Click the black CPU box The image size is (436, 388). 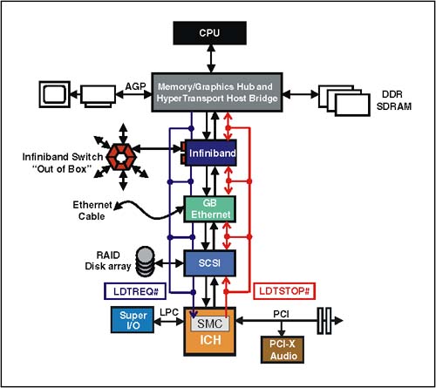(210, 33)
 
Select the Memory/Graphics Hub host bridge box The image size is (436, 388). (217, 92)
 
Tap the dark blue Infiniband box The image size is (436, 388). (211, 153)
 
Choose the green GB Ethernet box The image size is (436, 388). (210, 209)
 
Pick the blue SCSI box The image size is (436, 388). (209, 263)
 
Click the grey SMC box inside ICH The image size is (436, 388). (210, 323)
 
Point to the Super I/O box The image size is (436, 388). (133, 320)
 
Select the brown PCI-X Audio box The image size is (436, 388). (283, 350)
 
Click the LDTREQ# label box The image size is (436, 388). (135, 291)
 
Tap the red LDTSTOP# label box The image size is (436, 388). (284, 291)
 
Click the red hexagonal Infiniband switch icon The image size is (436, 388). (121, 157)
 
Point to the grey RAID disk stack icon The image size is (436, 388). (145, 262)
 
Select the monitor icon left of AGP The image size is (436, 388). (55, 94)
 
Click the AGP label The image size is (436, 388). (135, 86)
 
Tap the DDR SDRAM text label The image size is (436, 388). (394, 100)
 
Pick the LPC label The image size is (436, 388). (169, 312)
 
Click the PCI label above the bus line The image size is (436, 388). (281, 314)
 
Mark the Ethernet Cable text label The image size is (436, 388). (92, 211)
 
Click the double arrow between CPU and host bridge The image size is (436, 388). (211, 58)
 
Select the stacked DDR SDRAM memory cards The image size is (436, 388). (344, 100)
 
